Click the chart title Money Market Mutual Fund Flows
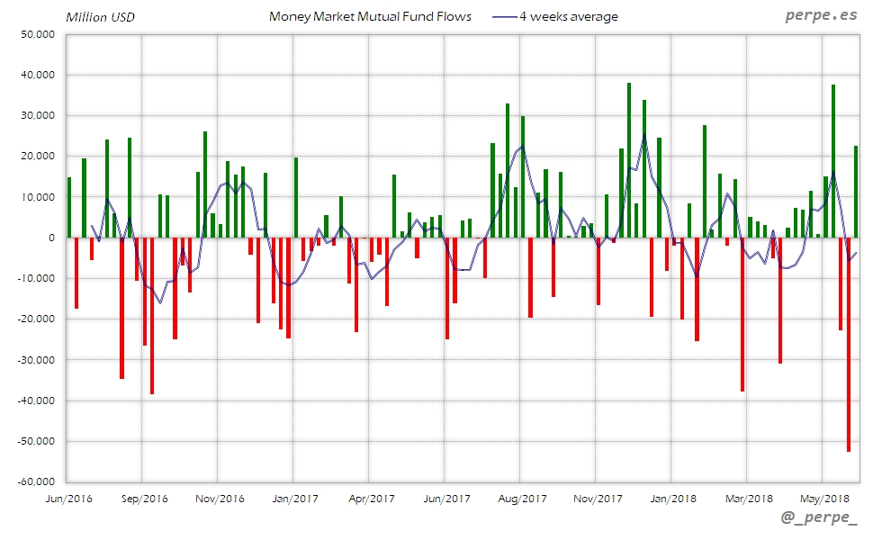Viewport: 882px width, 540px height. tap(370, 16)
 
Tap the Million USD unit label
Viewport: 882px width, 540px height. tap(101, 17)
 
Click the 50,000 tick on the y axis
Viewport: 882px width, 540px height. tap(38, 34)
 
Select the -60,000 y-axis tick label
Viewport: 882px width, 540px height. tap(36, 482)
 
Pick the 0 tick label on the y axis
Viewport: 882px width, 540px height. tap(50, 238)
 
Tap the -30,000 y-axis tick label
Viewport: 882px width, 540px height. tap(36, 360)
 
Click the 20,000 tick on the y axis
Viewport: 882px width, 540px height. tap(38, 157)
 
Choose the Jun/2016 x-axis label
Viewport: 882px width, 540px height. tap(67, 498)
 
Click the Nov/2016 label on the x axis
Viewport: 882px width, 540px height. tap(219, 498)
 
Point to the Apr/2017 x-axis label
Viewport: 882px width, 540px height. tap(371, 498)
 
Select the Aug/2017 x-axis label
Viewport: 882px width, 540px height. tap(522, 498)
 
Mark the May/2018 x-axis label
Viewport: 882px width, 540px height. tap(824, 498)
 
